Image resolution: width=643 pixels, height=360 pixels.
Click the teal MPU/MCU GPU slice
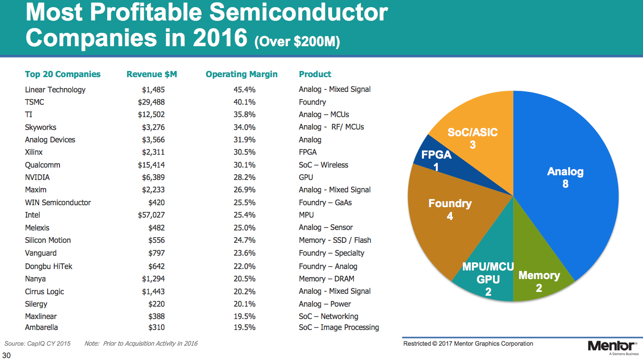point(486,281)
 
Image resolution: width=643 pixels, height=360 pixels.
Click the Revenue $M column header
point(151,74)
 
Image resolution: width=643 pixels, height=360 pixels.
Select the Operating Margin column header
point(241,74)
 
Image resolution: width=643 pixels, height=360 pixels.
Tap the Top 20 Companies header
point(63,74)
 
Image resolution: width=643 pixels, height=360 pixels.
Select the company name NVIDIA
point(38,178)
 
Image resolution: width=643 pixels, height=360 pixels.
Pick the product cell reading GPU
point(306,178)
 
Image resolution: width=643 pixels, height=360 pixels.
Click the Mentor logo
point(612,346)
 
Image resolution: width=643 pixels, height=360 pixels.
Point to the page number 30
point(7,355)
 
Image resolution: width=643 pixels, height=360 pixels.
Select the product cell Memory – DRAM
point(326,279)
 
